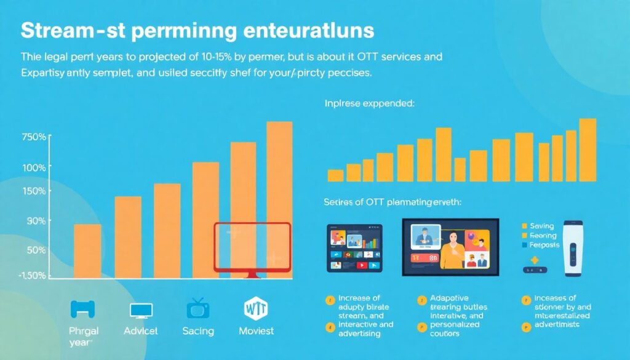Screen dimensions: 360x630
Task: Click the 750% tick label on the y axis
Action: click(33, 137)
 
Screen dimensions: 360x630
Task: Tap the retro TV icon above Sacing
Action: click(197, 308)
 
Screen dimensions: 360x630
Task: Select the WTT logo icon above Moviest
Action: click(257, 307)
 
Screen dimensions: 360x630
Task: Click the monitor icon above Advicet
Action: click(140, 310)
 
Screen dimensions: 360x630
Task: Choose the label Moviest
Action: click(257, 331)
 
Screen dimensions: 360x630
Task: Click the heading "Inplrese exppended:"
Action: click(370, 104)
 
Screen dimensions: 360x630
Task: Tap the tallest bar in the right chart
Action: click(588, 150)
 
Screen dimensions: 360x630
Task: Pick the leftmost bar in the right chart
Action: click(335, 175)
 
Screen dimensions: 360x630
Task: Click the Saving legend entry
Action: click(541, 226)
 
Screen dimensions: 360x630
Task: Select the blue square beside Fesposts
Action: click(525, 244)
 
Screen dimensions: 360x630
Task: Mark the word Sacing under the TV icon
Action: click(198, 331)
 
